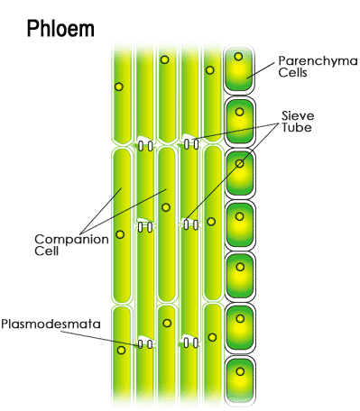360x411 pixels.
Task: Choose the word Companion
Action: click(x=64, y=239)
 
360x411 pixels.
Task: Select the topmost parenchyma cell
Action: click(x=239, y=68)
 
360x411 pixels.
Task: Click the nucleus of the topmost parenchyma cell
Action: click(x=238, y=57)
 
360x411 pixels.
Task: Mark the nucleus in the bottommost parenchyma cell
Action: click(x=239, y=370)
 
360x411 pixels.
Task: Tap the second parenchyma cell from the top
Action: click(x=239, y=119)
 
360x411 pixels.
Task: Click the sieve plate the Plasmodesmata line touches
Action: click(x=144, y=342)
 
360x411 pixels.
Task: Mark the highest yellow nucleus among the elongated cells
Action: click(x=165, y=59)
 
